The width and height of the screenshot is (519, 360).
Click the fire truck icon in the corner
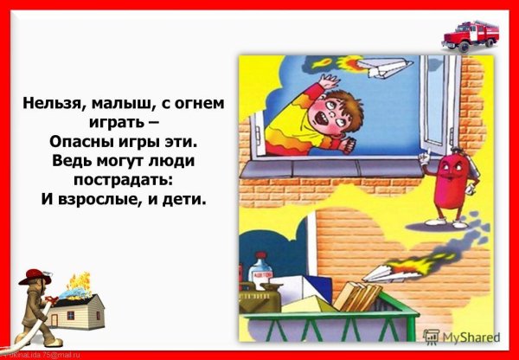pyautogui.click(x=470, y=35)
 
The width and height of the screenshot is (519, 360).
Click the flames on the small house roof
pyautogui.click(x=83, y=283)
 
